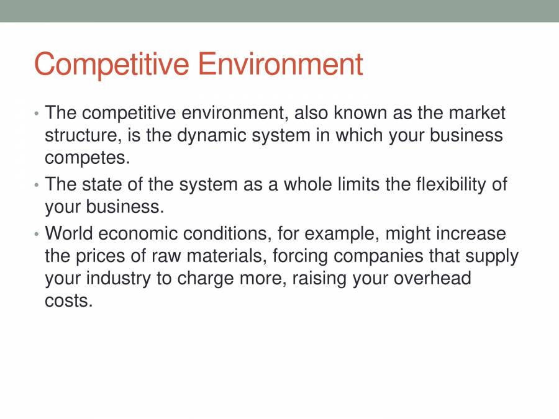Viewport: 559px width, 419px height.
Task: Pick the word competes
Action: (88, 158)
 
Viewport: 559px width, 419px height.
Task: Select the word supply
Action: (488, 256)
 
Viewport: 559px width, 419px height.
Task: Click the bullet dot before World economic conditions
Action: (37, 235)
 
